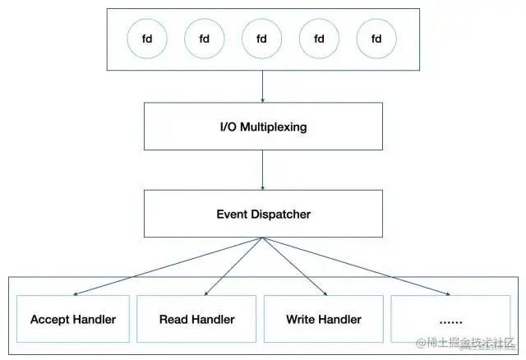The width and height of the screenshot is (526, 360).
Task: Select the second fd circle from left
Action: (x=205, y=39)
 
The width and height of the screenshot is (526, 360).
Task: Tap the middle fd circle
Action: (x=262, y=39)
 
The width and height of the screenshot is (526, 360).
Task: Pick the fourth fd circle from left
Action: (x=320, y=39)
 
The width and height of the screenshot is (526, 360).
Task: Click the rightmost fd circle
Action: (x=377, y=39)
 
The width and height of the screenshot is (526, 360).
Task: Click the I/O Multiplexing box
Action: (x=262, y=128)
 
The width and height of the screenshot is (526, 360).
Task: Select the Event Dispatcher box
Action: (x=262, y=215)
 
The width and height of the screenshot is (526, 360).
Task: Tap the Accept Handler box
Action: (x=72, y=319)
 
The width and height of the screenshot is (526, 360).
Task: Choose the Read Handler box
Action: (x=196, y=319)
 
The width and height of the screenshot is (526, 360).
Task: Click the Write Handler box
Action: (x=324, y=319)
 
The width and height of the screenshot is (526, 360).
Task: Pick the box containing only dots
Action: (x=450, y=319)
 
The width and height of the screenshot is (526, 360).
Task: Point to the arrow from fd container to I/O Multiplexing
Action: (x=262, y=85)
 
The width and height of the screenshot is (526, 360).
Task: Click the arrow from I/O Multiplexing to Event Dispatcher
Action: (x=262, y=171)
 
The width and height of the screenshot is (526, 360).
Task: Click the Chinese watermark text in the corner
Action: (x=469, y=343)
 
